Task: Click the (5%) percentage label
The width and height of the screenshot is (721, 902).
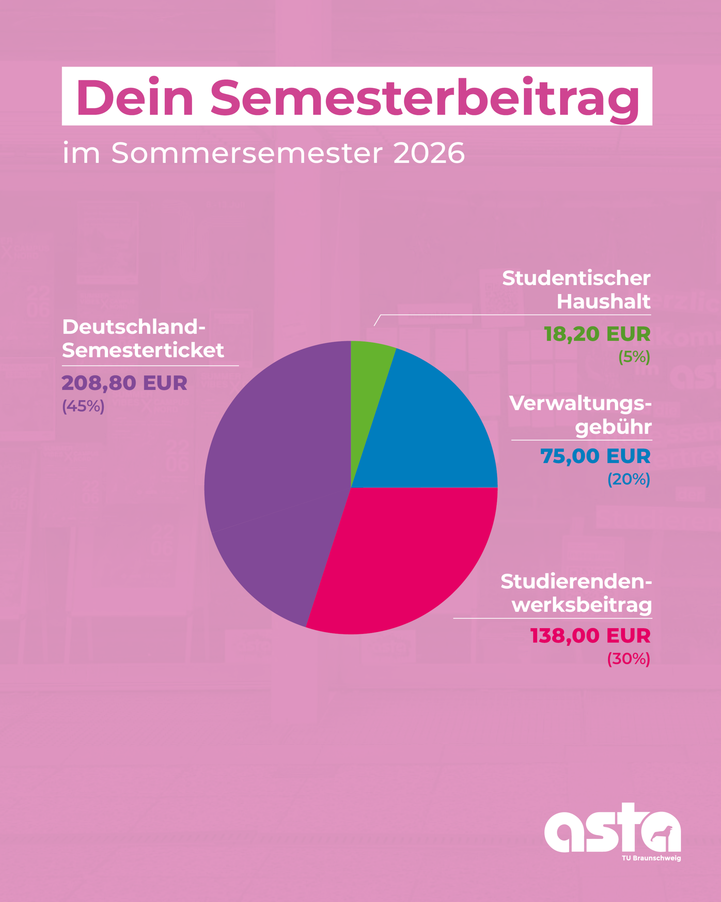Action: tap(634, 357)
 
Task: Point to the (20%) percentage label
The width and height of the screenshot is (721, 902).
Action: tap(628, 479)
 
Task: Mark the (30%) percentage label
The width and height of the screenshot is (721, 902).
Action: tap(628, 659)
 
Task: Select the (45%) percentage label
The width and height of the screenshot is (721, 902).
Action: tap(83, 406)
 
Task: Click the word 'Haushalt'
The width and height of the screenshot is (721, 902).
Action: tap(603, 301)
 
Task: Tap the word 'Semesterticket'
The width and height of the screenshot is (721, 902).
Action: tap(143, 350)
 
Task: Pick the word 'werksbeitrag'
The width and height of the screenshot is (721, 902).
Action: tap(582, 605)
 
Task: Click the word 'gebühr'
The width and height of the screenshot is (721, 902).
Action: tap(613, 427)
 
